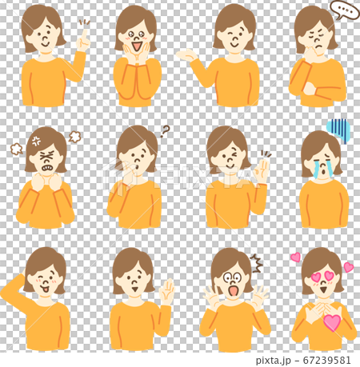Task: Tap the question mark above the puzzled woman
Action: point(166,130)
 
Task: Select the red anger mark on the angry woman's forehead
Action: point(36,141)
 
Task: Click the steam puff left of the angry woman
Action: point(16,149)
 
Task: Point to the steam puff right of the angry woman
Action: point(75,137)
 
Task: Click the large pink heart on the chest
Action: point(331,322)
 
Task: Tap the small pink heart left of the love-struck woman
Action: point(295,257)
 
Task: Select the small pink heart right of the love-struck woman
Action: point(348,267)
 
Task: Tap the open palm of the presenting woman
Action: point(186,55)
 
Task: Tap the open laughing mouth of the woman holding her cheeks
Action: point(136,47)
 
